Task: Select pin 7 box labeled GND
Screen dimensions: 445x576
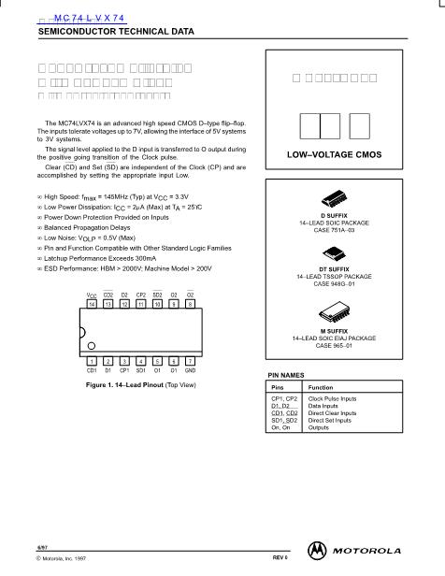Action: tap(190, 361)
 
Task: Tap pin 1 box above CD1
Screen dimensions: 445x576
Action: tap(92, 361)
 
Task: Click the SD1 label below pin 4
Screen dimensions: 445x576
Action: tap(141, 370)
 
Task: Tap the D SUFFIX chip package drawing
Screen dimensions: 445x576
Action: tap(335, 198)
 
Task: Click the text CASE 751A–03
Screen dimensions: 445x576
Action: tap(335, 228)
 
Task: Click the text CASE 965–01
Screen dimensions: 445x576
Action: tap(335, 345)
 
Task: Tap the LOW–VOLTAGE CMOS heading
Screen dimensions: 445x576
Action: tap(335, 153)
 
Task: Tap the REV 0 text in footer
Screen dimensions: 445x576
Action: tap(279, 557)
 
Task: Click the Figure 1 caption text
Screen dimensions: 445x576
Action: tap(141, 384)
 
